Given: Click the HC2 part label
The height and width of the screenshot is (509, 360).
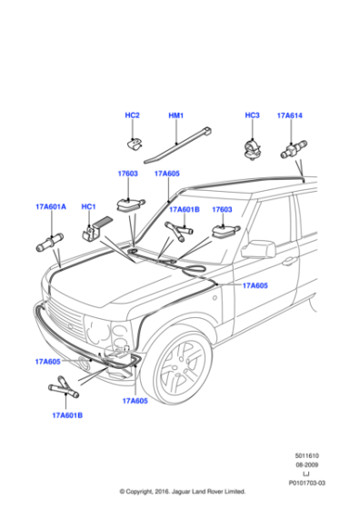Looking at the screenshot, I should point(132,115).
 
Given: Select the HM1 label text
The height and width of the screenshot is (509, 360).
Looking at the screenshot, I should point(176,115).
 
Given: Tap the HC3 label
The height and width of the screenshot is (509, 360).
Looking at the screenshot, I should point(253,115).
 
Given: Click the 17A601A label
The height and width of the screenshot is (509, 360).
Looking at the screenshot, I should point(51,207).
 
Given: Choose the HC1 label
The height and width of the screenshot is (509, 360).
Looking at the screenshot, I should point(89,207).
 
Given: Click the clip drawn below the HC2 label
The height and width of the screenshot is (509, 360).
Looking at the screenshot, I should point(132,143).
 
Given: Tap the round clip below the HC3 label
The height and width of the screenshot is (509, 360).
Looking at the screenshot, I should point(249,145).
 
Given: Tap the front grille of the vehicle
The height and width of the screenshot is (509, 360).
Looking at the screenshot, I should point(64,319).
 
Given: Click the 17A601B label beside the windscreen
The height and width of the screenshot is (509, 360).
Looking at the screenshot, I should point(184,210).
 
